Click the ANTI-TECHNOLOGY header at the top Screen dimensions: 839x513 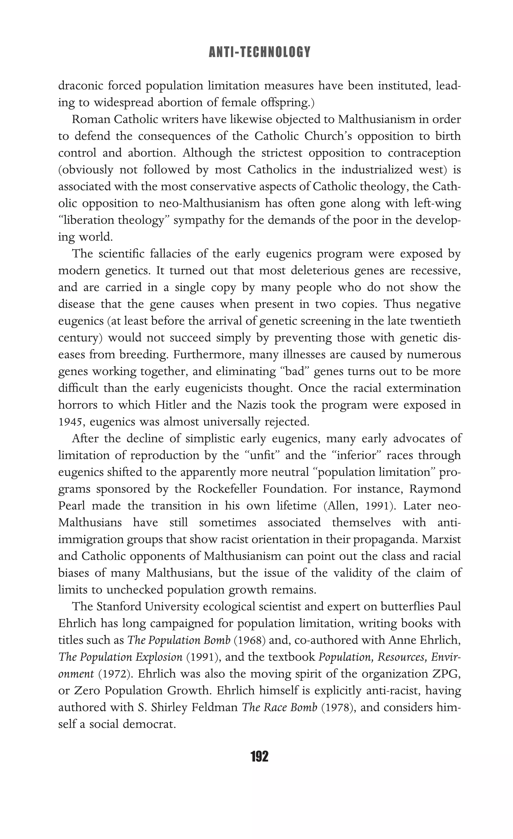(260, 52)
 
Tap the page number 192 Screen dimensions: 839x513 (260, 757)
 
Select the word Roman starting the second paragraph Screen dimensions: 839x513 (89, 119)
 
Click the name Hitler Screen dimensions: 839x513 (172, 405)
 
